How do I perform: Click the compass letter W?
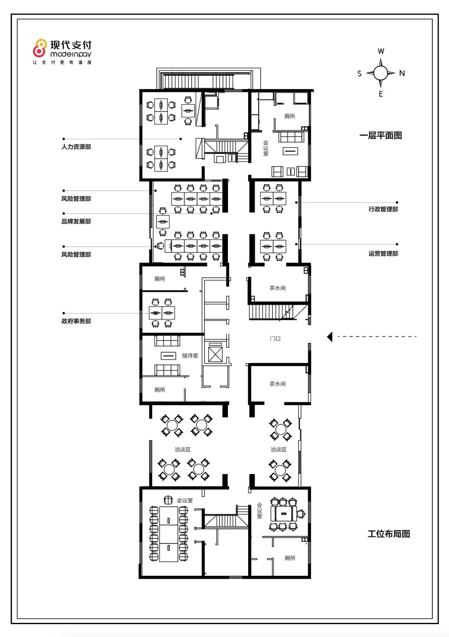tap(381, 51)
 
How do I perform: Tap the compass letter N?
tap(402, 73)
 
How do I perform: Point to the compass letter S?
tap(360, 74)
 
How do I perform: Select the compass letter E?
tap(381, 94)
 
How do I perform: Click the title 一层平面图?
tap(380, 135)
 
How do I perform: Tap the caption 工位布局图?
tap(389, 534)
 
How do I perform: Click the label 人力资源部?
tap(76, 147)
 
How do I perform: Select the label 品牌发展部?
tap(76, 221)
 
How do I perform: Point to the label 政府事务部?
tap(76, 321)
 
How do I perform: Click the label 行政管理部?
tap(383, 209)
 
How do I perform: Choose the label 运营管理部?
tap(383, 253)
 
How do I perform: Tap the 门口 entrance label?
tap(275, 338)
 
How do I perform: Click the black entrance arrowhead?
tap(330, 337)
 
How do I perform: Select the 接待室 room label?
tap(190, 355)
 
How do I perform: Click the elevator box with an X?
tap(215, 354)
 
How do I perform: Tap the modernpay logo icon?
tap(39, 48)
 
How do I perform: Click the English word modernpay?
tap(71, 54)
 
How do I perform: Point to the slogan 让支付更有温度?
tap(62, 62)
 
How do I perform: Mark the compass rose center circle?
tap(380, 73)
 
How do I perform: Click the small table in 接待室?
tap(168, 355)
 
